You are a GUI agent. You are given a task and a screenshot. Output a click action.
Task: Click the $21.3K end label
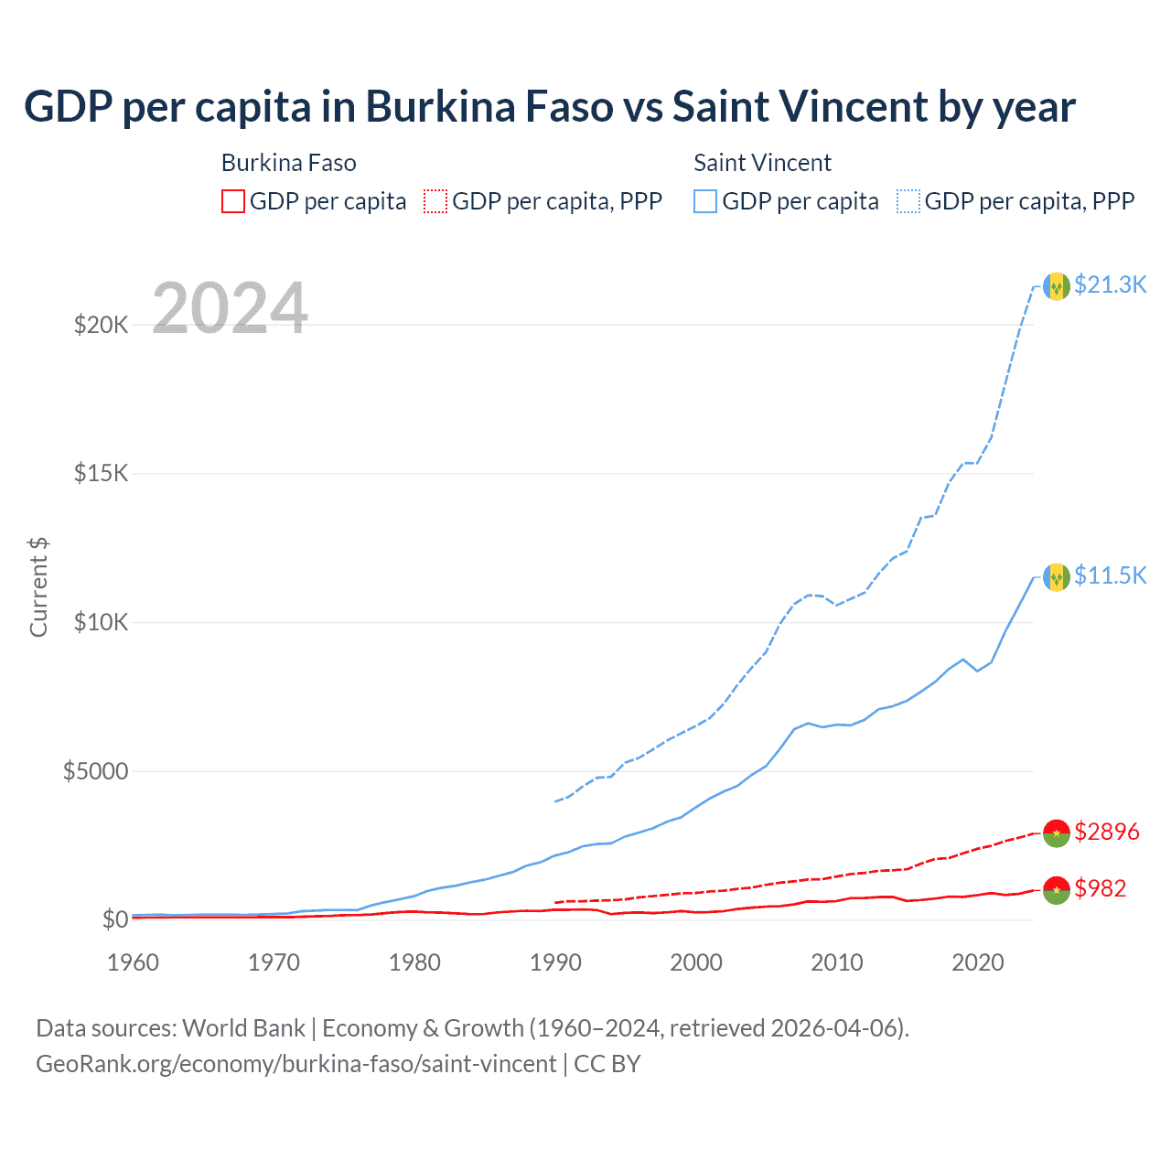click(x=1110, y=285)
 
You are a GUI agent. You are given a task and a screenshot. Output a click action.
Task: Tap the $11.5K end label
click(x=1110, y=575)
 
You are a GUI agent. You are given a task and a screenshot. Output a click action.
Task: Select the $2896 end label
click(x=1106, y=832)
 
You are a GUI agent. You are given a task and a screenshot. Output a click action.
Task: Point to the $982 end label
click(x=1100, y=888)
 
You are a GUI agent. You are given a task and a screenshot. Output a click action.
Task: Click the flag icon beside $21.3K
click(x=1057, y=286)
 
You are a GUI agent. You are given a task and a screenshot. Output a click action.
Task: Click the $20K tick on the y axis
click(x=101, y=325)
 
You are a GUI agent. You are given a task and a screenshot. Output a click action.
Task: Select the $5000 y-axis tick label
click(x=95, y=771)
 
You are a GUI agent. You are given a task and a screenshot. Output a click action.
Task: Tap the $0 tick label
click(x=114, y=919)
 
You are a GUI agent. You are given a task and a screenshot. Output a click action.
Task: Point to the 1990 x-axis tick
click(x=555, y=962)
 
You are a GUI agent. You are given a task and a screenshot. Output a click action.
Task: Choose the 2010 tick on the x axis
click(x=837, y=962)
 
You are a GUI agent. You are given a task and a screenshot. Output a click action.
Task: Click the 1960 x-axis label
click(x=134, y=962)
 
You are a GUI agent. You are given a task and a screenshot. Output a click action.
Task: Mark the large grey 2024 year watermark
click(x=230, y=308)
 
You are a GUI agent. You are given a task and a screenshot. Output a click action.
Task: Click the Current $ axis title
click(x=38, y=587)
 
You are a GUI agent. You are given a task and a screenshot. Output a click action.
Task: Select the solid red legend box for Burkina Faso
click(x=233, y=201)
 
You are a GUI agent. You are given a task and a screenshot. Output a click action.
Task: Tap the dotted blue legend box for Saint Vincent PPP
click(x=908, y=201)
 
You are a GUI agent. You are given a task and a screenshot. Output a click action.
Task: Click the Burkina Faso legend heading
click(x=288, y=163)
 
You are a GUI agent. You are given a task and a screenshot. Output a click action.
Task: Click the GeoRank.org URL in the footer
click(x=295, y=1064)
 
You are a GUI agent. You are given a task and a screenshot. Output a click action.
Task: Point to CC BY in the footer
click(x=607, y=1064)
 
